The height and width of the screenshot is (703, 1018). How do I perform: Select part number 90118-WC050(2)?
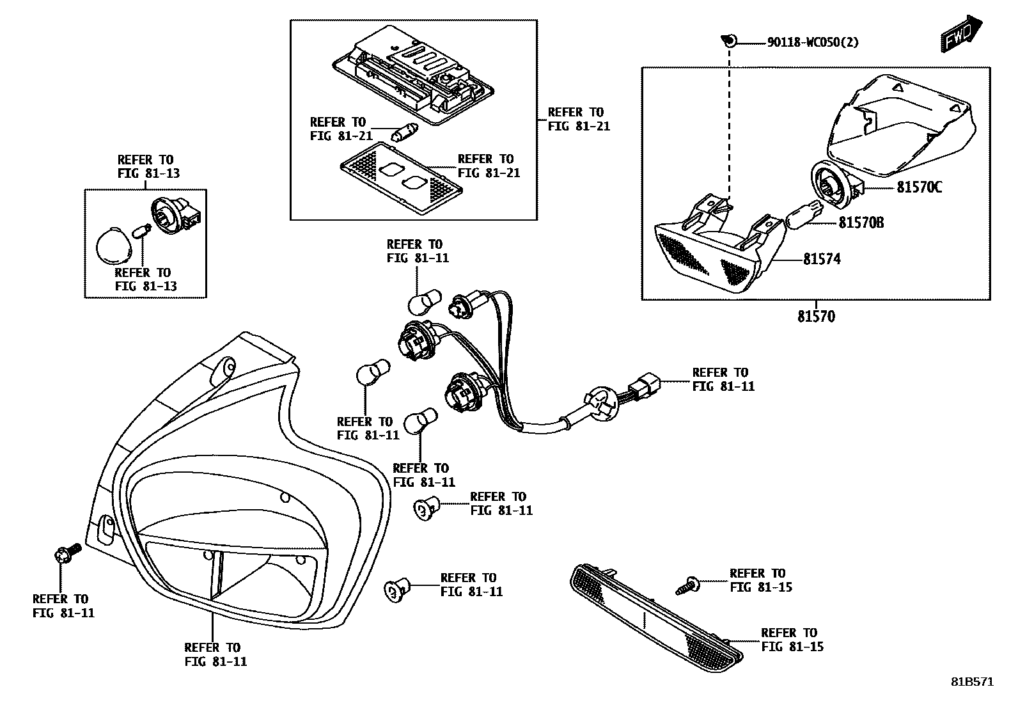click(x=812, y=43)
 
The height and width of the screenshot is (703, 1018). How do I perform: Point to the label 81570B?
click(x=861, y=223)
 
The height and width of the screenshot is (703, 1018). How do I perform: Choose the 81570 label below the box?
click(x=816, y=317)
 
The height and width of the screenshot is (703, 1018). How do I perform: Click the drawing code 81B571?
click(x=971, y=682)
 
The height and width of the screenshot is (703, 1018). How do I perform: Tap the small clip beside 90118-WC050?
click(x=728, y=41)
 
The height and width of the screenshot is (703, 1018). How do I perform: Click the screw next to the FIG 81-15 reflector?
click(x=687, y=583)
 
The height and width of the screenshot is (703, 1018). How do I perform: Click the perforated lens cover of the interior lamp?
click(x=401, y=178)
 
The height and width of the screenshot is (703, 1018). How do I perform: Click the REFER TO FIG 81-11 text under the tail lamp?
click(x=215, y=654)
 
